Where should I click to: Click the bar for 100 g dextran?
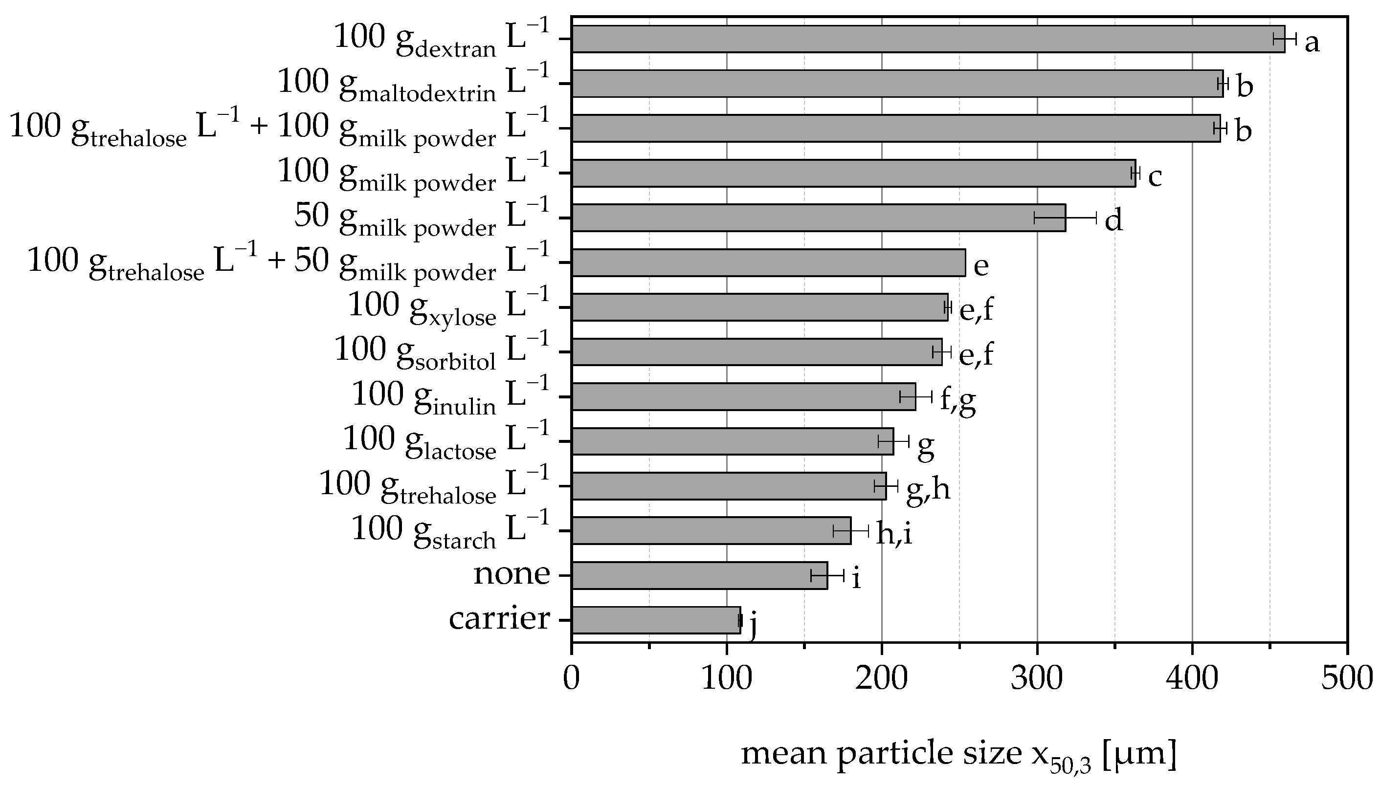click(928, 39)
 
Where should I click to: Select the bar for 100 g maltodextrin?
click(897, 84)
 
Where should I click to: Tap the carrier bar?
click(655, 620)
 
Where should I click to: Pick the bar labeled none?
click(699, 575)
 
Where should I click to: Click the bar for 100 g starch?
click(711, 531)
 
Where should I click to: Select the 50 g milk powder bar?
click(819, 218)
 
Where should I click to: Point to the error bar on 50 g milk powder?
click(1065, 218)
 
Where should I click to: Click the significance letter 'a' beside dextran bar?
click(1312, 42)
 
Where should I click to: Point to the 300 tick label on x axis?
click(1037, 677)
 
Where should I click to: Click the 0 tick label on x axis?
click(572, 677)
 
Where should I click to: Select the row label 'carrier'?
click(499, 618)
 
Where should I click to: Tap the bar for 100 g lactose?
click(733, 441)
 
